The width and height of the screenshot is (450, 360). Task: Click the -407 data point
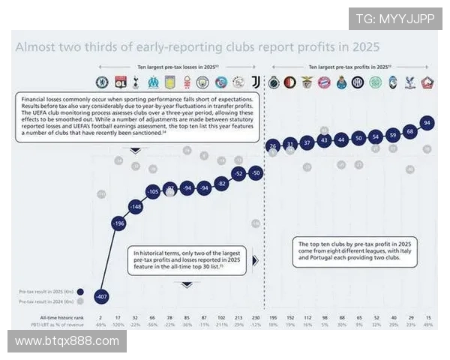pos(101,297)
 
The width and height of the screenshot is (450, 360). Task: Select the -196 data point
pos(118,223)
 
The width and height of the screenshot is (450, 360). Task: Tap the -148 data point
pos(136,206)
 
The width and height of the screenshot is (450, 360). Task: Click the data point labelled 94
pos(427,122)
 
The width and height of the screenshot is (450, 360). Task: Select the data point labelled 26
pos(272,145)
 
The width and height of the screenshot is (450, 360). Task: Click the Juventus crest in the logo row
pos(255,82)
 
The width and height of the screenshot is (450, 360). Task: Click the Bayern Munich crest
pos(324,82)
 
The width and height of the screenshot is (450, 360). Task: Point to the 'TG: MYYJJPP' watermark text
pos(394,19)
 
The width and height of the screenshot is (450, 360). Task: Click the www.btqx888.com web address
pos(67,341)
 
